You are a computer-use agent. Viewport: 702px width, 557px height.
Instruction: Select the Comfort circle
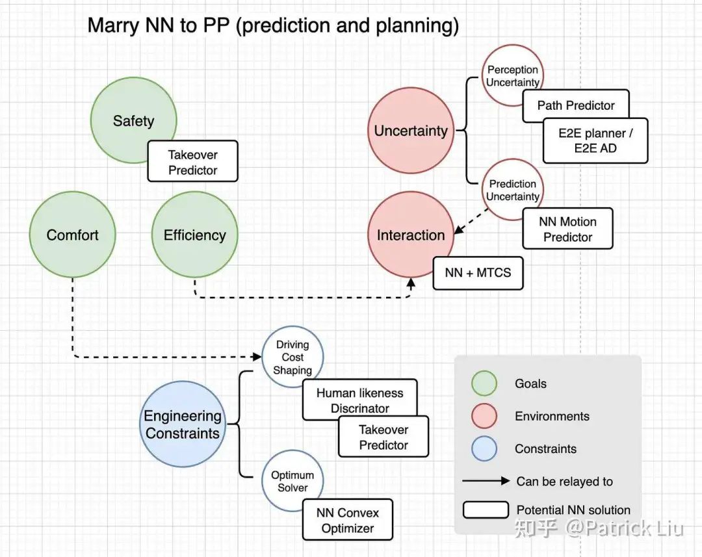click(73, 235)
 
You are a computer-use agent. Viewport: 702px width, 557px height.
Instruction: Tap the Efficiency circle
click(194, 235)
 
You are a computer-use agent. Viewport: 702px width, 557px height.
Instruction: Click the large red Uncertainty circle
click(410, 131)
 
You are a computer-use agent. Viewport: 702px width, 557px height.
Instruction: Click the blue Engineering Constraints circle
click(183, 424)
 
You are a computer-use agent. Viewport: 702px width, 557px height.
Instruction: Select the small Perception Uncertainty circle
click(513, 76)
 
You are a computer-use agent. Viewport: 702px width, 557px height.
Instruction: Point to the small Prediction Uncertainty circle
click(513, 190)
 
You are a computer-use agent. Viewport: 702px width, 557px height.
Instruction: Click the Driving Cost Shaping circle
click(292, 357)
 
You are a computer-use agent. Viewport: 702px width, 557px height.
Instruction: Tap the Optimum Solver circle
click(292, 481)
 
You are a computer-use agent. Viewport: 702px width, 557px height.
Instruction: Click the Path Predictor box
click(576, 105)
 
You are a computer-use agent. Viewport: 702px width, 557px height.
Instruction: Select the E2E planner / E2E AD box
click(595, 140)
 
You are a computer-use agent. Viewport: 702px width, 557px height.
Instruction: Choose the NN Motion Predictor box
click(567, 229)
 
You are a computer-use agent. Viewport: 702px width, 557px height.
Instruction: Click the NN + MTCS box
click(478, 272)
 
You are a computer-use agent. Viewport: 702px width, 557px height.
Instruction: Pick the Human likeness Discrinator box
click(359, 400)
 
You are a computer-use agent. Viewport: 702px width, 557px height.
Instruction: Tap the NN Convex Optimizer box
click(348, 520)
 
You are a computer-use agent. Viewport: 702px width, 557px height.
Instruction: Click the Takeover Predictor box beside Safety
click(192, 162)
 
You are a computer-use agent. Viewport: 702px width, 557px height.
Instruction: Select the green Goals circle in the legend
click(484, 383)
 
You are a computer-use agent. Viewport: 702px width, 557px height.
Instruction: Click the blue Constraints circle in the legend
click(484, 448)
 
